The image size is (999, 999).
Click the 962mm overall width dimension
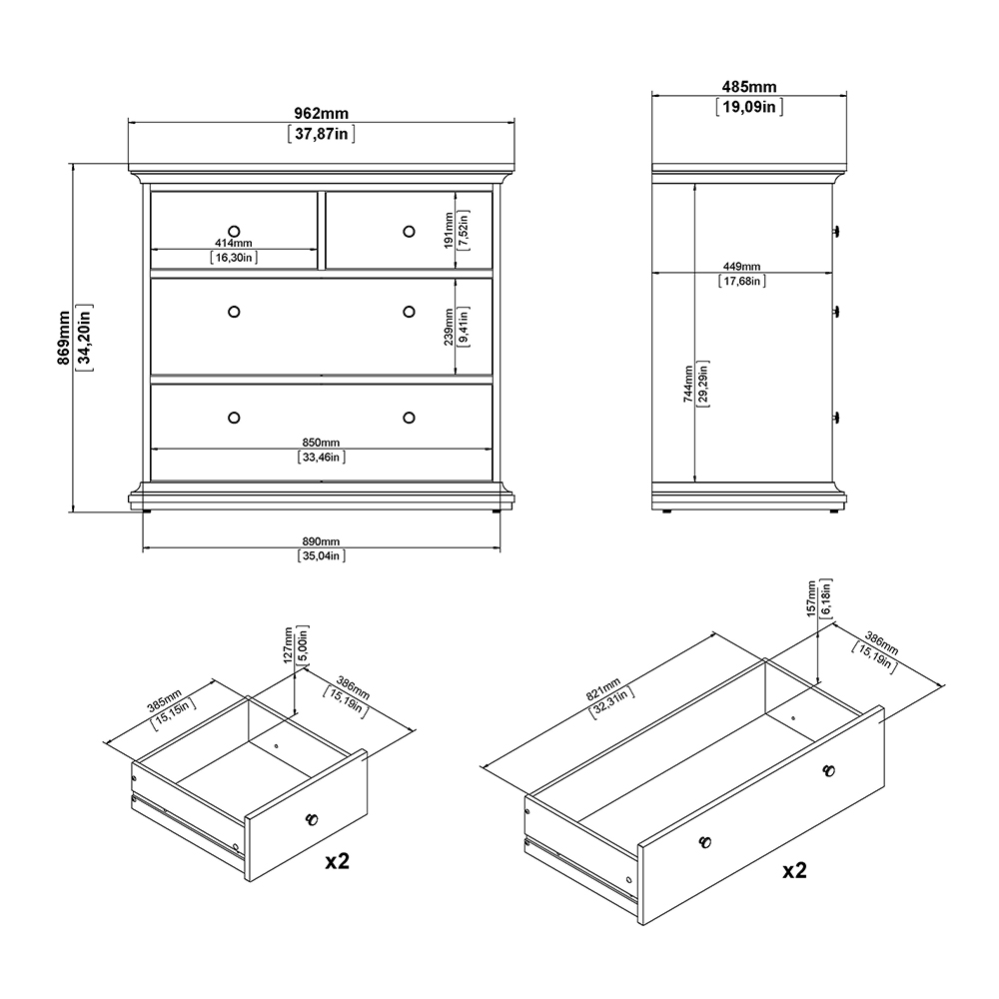(322, 114)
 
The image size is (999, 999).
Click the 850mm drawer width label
(322, 443)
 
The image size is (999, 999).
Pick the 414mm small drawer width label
(234, 244)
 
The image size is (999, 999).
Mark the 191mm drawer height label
(449, 230)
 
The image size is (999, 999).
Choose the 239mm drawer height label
(449, 326)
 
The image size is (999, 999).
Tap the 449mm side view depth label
(741, 267)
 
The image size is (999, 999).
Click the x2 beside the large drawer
(794, 870)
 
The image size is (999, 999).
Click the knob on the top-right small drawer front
(409, 232)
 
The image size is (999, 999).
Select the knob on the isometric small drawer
(311, 819)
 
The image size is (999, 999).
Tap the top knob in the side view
(836, 231)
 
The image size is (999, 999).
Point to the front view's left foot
(146, 510)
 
